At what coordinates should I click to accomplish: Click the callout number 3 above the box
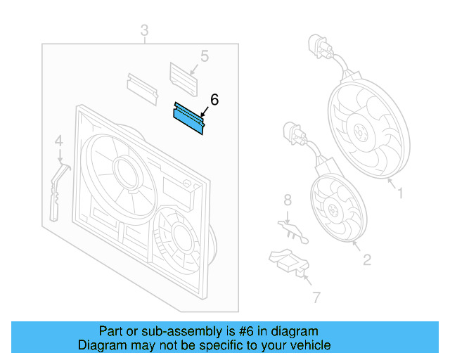(x=145, y=30)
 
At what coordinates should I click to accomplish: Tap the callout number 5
(x=205, y=56)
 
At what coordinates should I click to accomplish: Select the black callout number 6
(x=214, y=100)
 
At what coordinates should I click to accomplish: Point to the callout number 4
(x=59, y=141)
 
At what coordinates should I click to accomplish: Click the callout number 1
(x=400, y=193)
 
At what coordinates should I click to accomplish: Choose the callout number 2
(x=367, y=260)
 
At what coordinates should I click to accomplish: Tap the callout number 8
(x=288, y=200)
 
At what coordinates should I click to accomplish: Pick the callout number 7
(x=316, y=297)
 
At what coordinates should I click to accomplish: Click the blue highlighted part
(x=189, y=119)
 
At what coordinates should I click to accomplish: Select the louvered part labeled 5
(x=184, y=79)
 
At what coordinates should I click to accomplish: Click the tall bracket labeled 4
(x=58, y=192)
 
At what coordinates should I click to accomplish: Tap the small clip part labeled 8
(x=293, y=232)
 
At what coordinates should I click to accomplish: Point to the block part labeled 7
(x=289, y=262)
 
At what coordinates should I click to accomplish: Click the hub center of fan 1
(x=361, y=133)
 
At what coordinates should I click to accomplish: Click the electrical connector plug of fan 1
(x=319, y=46)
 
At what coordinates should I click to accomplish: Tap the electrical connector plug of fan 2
(x=294, y=133)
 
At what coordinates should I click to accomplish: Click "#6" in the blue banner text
(x=246, y=332)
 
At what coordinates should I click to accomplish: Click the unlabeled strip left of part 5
(x=142, y=89)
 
